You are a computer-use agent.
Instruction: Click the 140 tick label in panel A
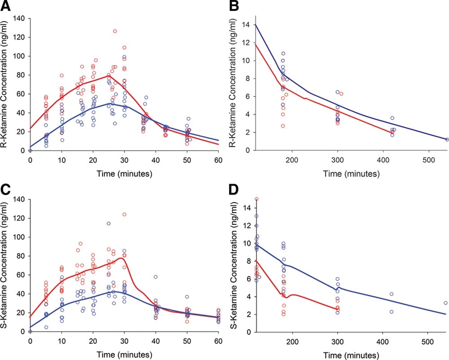pos(18,18)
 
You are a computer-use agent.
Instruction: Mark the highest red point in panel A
pos(115,31)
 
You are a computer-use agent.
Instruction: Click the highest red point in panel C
pos(124,214)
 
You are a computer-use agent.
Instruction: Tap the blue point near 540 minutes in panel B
pos(447,140)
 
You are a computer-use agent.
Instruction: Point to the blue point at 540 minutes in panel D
pos(445,303)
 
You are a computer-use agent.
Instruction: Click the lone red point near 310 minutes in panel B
pos(341,93)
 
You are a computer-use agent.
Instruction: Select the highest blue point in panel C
pos(109,223)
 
